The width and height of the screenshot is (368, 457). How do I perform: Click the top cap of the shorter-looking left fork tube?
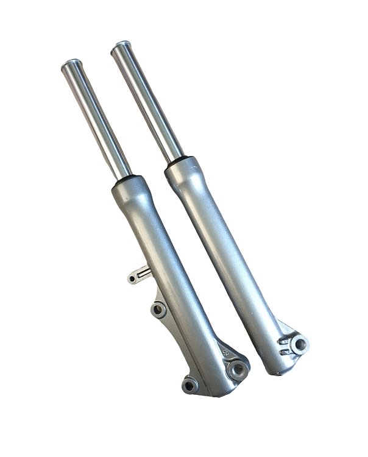72,63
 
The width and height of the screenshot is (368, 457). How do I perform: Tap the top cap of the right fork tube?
121,45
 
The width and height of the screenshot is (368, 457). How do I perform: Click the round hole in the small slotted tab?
132,279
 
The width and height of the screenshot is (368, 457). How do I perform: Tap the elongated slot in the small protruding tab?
144,275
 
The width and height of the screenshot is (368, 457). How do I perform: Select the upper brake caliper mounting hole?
159,310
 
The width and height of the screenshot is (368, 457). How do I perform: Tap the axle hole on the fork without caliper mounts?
299,345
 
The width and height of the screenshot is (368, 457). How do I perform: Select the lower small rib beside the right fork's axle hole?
285,351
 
